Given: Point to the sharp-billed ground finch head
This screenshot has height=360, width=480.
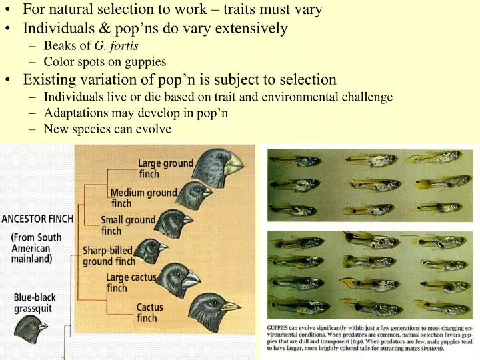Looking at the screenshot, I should point(153,251).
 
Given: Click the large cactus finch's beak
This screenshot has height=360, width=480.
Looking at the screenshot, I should point(191,280).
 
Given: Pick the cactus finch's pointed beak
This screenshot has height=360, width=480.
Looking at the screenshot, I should point(231,307).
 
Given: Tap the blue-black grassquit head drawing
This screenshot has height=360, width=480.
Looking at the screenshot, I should point(31,328).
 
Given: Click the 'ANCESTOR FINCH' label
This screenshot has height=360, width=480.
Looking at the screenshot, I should point(38,218).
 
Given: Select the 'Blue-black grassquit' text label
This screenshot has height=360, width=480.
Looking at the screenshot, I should point(35,303).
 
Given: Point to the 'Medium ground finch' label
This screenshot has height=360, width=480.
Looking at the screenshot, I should point(143,198).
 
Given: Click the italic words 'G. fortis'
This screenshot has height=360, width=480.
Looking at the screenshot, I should point(117,46).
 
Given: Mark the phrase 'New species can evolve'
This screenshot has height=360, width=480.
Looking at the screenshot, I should point(107,129).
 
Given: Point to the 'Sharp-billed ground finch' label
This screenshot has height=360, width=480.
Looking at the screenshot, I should point(108,256).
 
